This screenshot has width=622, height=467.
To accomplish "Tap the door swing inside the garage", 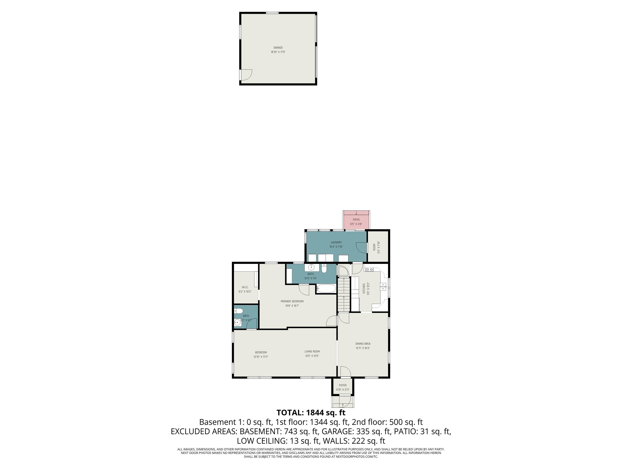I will pyautogui.click(x=246, y=75).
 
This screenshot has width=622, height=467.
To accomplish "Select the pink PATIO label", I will pyautogui.click(x=356, y=220).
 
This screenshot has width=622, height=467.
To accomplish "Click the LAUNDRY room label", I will pyautogui.click(x=336, y=242).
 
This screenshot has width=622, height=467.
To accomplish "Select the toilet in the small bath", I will pyautogui.click(x=239, y=311).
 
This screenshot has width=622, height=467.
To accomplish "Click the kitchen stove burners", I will pyautogui.click(x=369, y=269).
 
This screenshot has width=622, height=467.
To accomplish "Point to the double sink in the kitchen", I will pyautogui.click(x=383, y=287).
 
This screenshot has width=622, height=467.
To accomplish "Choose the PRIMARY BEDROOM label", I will pyautogui.click(x=292, y=301).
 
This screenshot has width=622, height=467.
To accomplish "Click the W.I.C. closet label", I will pyautogui.click(x=245, y=287).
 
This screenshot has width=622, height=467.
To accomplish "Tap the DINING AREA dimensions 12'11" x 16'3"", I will pyautogui.click(x=363, y=348).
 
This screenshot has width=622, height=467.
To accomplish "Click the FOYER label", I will pyautogui.click(x=343, y=385).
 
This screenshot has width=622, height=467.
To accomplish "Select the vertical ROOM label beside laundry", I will pyautogui.click(x=374, y=247).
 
